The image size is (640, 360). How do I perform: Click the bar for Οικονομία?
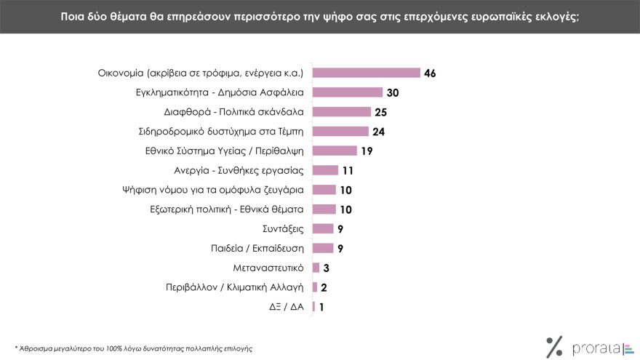click(366, 73)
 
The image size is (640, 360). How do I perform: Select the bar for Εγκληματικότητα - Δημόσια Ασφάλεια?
click(347, 92)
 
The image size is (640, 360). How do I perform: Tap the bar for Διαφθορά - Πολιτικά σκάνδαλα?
click(341, 112)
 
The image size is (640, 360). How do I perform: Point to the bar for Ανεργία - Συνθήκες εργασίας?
click(325, 170)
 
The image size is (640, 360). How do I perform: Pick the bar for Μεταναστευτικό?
click(316, 268)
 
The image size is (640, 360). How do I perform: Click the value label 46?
click(430, 73)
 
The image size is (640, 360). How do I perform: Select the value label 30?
click(393, 92)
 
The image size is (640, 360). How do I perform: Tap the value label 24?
click(378, 132)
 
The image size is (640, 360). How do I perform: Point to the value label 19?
click(366, 151)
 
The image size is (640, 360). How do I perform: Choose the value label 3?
click(327, 268)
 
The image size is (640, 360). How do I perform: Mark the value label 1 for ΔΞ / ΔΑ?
click(321, 307)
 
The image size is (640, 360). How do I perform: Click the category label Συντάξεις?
click(284, 228)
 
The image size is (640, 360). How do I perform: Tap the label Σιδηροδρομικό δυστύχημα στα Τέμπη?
click(221, 132)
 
